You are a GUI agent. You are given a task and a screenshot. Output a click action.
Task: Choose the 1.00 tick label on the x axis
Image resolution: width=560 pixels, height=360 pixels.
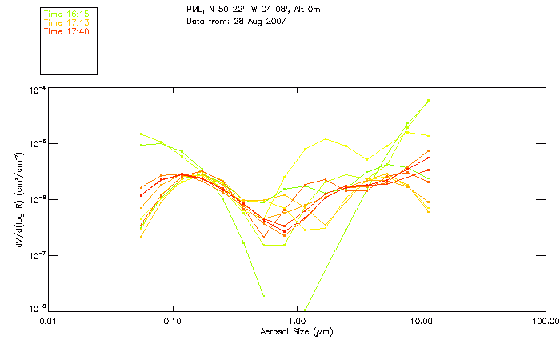(x=297, y=321)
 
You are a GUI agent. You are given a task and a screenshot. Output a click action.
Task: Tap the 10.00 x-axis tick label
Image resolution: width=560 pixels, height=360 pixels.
(x=421, y=321)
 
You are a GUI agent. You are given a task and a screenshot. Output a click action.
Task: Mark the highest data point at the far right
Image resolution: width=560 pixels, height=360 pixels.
(x=429, y=101)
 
